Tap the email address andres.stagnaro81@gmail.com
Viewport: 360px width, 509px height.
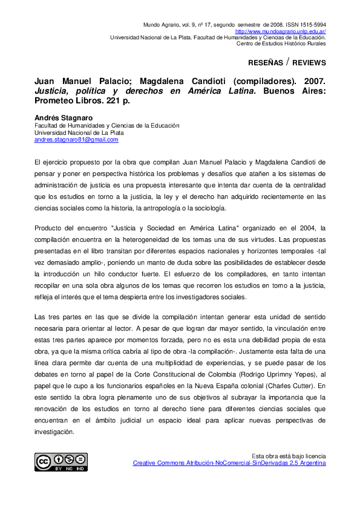tap(76, 140)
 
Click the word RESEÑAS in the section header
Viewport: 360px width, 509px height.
tap(266, 63)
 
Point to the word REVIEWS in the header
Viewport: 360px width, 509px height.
tap(310, 63)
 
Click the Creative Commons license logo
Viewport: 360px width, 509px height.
tap(61, 462)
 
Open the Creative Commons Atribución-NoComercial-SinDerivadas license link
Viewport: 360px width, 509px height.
tap(229, 463)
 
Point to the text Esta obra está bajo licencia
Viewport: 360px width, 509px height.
tap(289, 456)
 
